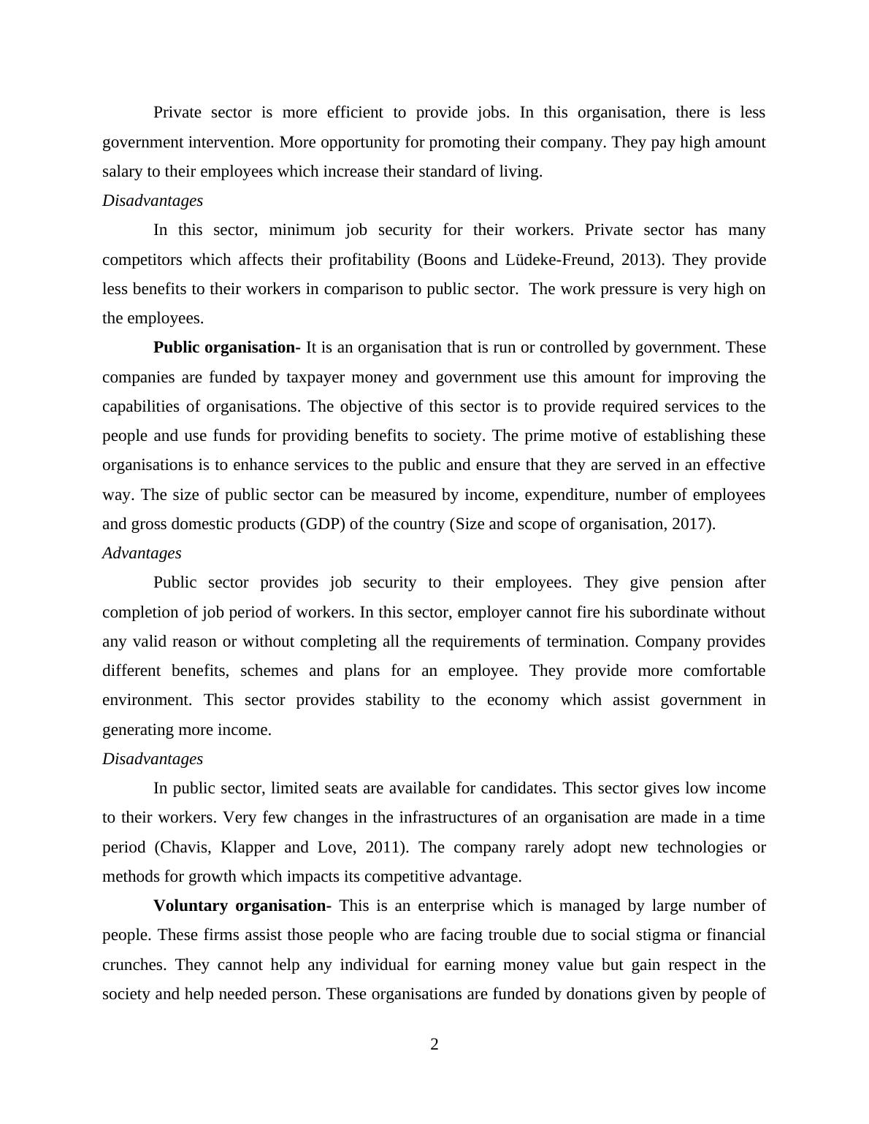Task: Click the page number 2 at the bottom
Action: point(434,1044)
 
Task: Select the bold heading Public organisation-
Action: point(226,347)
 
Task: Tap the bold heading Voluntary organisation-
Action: point(242,906)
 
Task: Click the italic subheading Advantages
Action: point(142,553)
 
